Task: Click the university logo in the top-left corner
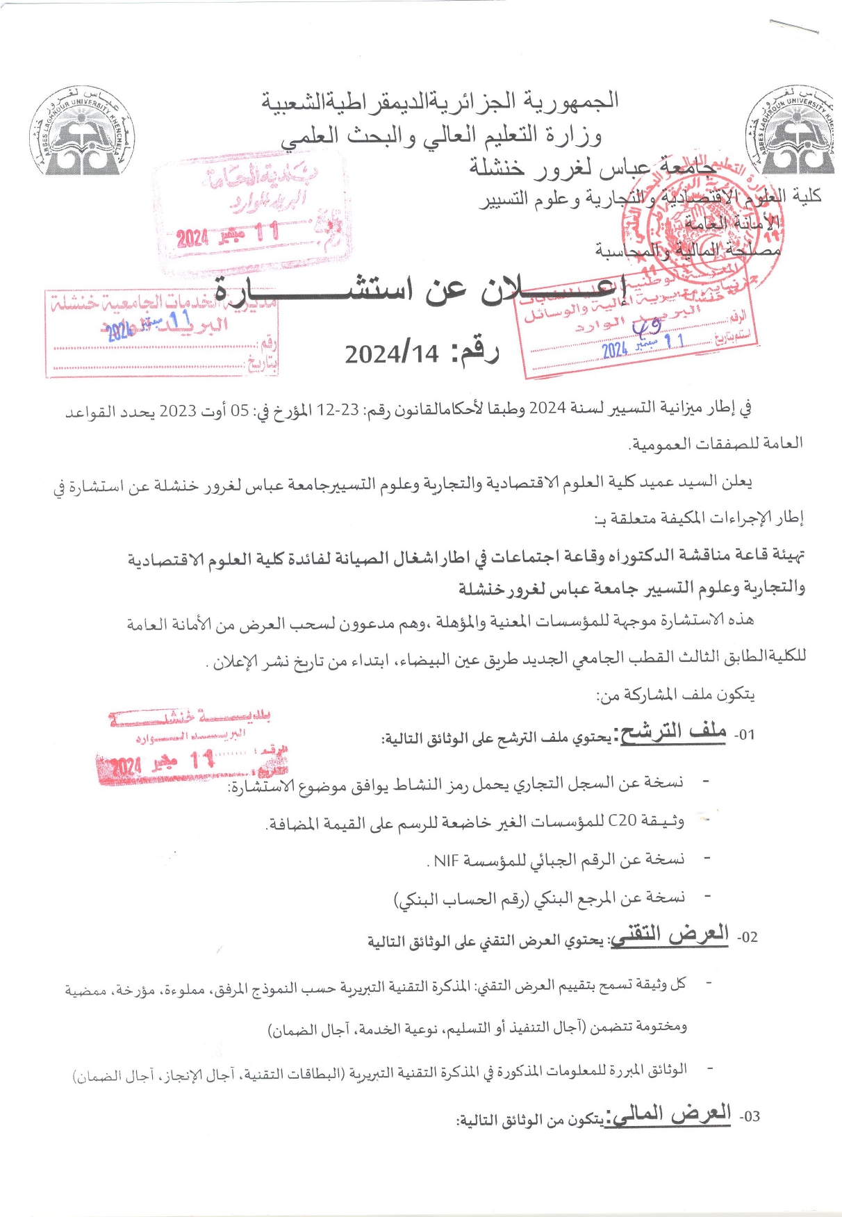(82, 133)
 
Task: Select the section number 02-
(747, 937)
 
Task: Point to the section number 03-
(749, 1117)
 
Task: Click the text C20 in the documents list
(622, 821)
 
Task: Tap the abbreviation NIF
(446, 861)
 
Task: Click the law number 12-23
(338, 410)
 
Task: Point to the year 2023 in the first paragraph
(178, 410)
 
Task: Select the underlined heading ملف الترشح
(672, 732)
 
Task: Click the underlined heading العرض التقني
(670, 935)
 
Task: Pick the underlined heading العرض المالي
(668, 1114)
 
